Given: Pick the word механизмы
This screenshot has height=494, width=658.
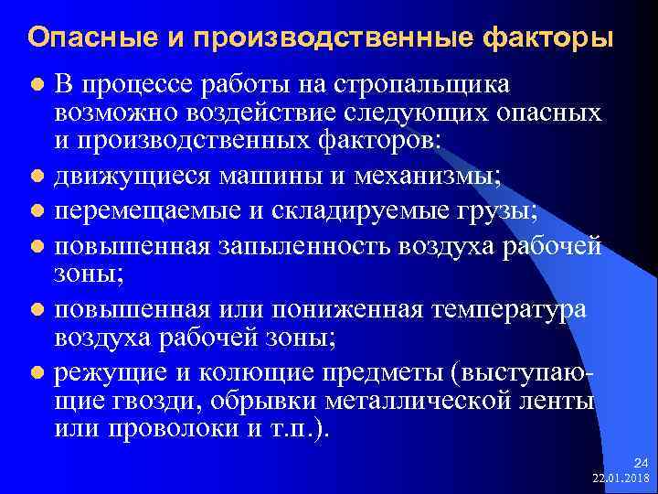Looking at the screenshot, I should tap(426, 174).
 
